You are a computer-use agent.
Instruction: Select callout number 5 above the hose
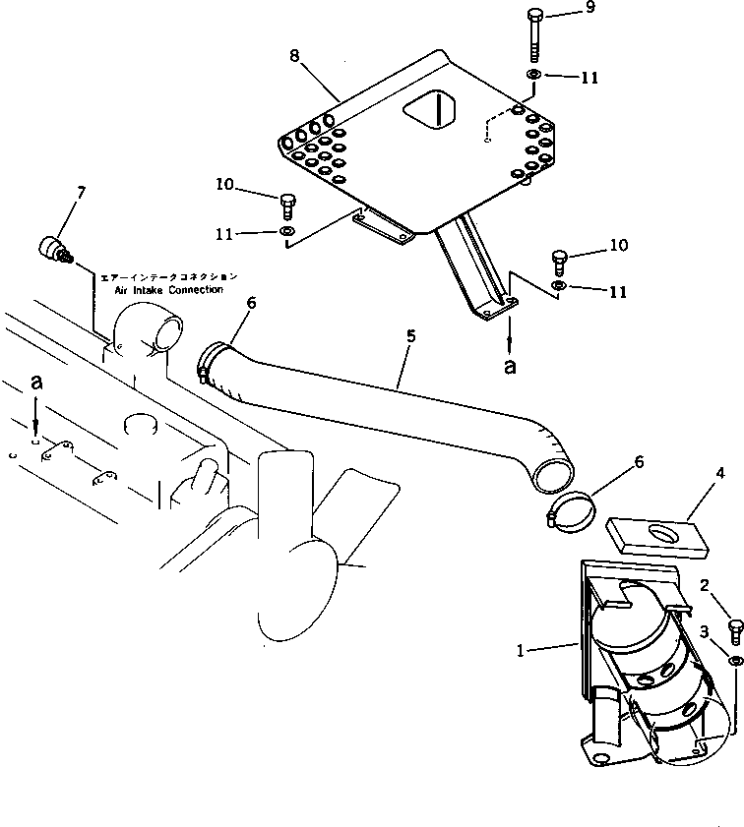410,336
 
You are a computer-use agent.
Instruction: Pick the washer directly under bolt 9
531,76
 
